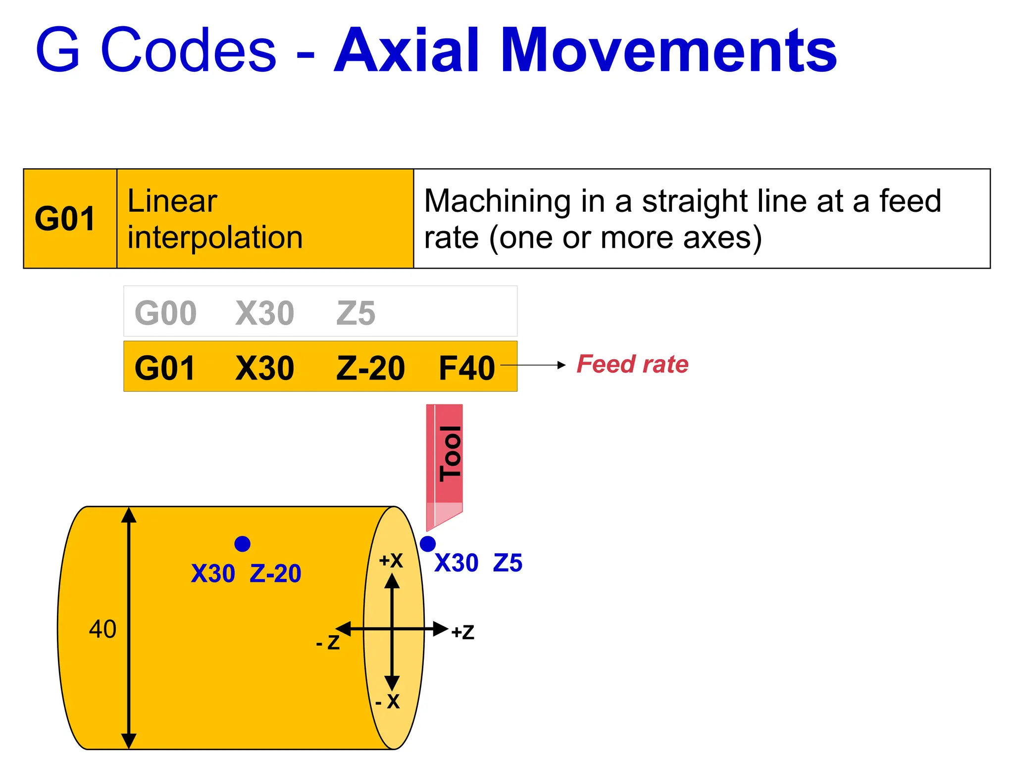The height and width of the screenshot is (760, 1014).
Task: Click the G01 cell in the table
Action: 65,219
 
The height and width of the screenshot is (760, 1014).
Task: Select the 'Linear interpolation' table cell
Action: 215,219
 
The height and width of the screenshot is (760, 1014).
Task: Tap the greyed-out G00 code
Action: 165,313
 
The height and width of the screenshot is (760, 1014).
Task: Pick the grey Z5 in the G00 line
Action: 355,313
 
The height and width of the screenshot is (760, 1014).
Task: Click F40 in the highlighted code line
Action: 466,368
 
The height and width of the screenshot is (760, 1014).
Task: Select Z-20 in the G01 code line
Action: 370,368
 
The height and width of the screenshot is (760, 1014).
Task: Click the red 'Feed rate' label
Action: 632,365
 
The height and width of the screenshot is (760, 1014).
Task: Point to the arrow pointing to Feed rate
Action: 535,365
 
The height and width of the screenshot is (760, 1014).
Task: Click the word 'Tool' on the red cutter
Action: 450,453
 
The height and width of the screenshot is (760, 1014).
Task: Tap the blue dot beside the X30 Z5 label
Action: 427,544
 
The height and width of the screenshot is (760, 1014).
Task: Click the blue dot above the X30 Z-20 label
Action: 242,544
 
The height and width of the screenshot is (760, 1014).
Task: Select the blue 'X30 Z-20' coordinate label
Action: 246,573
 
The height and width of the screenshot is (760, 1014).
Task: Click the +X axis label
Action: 391,561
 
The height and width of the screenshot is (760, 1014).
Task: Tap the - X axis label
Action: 387,701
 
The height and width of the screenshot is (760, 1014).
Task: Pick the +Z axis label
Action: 462,632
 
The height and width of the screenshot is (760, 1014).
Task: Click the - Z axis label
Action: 328,642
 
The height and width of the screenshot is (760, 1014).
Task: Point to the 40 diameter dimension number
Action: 102,629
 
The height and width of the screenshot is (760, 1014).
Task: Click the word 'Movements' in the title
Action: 668,50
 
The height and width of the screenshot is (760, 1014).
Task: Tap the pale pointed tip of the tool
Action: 438,517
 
